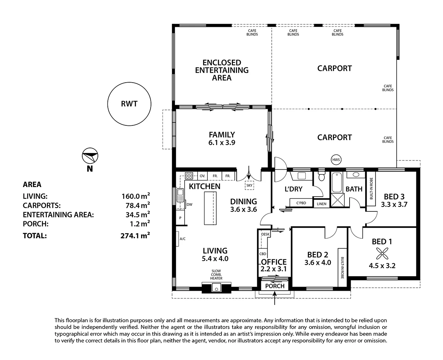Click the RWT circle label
[x=129, y=104]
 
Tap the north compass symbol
[x=90, y=156]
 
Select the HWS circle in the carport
[x=336, y=160]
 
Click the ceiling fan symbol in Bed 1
[x=382, y=253]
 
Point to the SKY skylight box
[x=249, y=185]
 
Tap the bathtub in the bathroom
[x=337, y=182]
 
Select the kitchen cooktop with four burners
[x=189, y=176]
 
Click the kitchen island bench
[x=210, y=208]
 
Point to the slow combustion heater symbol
[x=216, y=287]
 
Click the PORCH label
[x=275, y=286]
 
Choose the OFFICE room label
[x=274, y=262]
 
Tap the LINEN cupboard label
[x=322, y=204]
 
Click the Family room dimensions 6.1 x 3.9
[x=222, y=143]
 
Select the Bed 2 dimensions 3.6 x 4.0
[x=317, y=263]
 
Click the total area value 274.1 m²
[x=135, y=236]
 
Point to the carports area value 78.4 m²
[x=138, y=205]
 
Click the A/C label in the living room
[x=183, y=239]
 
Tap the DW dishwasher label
[x=189, y=204]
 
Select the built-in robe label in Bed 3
[x=371, y=188]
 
